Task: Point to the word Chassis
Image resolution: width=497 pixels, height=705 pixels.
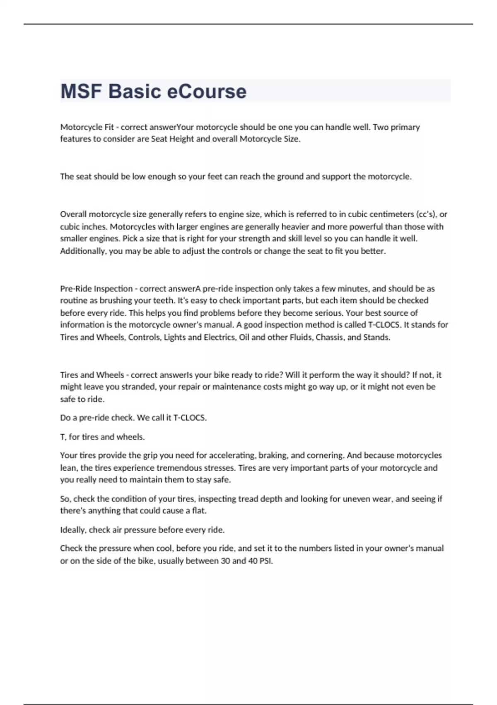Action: pos(330,337)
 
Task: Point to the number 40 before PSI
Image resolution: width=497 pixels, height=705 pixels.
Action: pos(252,561)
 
